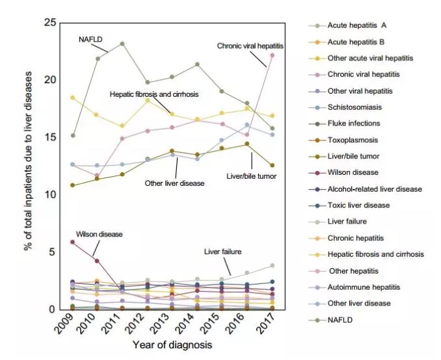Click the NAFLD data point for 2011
(x=122, y=44)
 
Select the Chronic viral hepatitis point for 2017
(x=273, y=55)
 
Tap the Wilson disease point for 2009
(x=72, y=242)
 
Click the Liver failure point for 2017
(x=273, y=266)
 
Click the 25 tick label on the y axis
(x=48, y=23)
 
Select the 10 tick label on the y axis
(x=48, y=194)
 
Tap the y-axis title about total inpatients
(x=29, y=166)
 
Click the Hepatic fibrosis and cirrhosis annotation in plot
(x=154, y=94)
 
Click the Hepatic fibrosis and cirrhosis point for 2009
(x=72, y=97)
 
